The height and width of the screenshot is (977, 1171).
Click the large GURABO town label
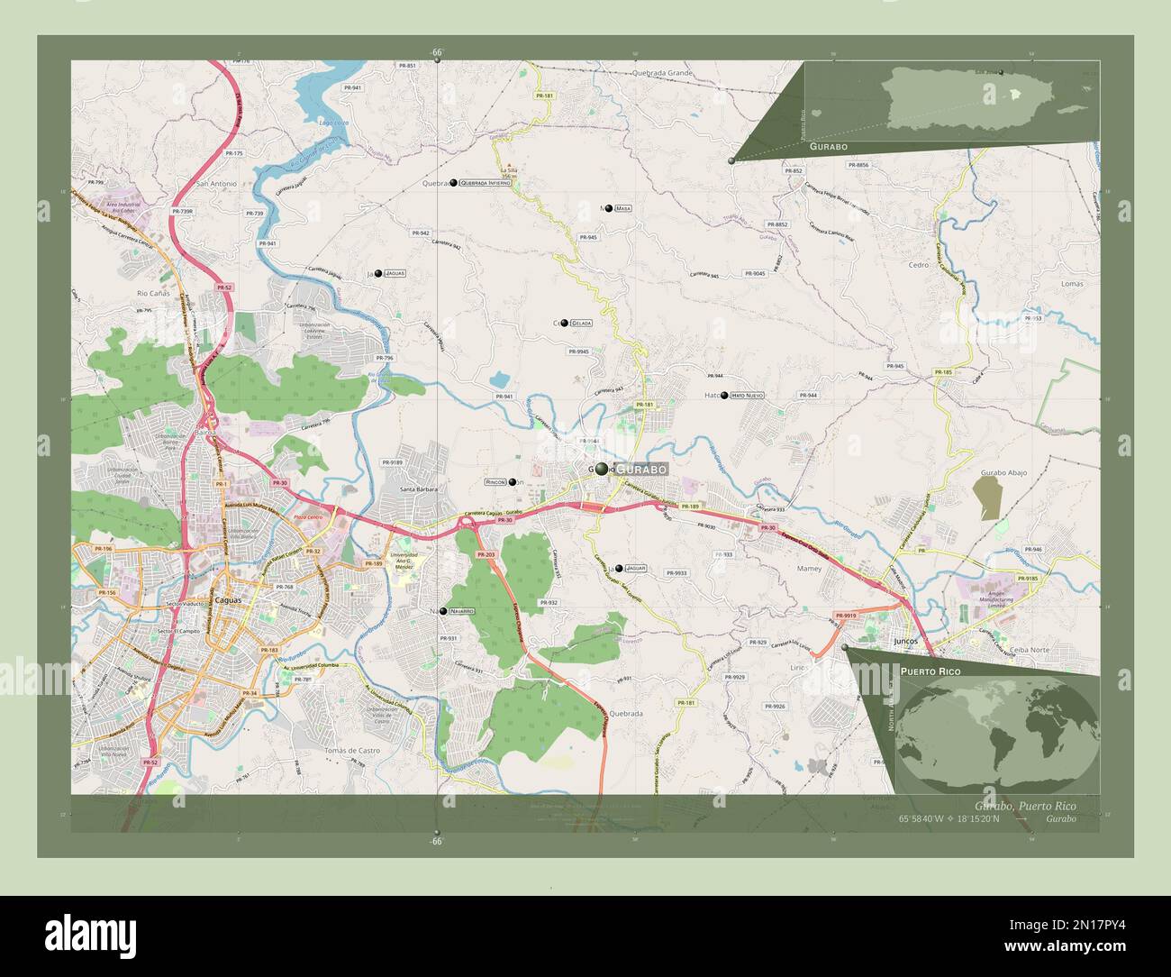point(641,470)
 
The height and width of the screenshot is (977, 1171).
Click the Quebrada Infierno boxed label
point(486,182)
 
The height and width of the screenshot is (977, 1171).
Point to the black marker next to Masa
point(609,208)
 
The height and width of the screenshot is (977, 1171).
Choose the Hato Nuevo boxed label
point(748,395)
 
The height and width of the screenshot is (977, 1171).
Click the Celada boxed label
point(581,323)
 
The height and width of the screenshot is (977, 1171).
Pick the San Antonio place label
point(216,184)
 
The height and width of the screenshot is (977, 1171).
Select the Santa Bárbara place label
point(420,489)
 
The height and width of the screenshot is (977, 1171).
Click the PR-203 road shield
point(486,554)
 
